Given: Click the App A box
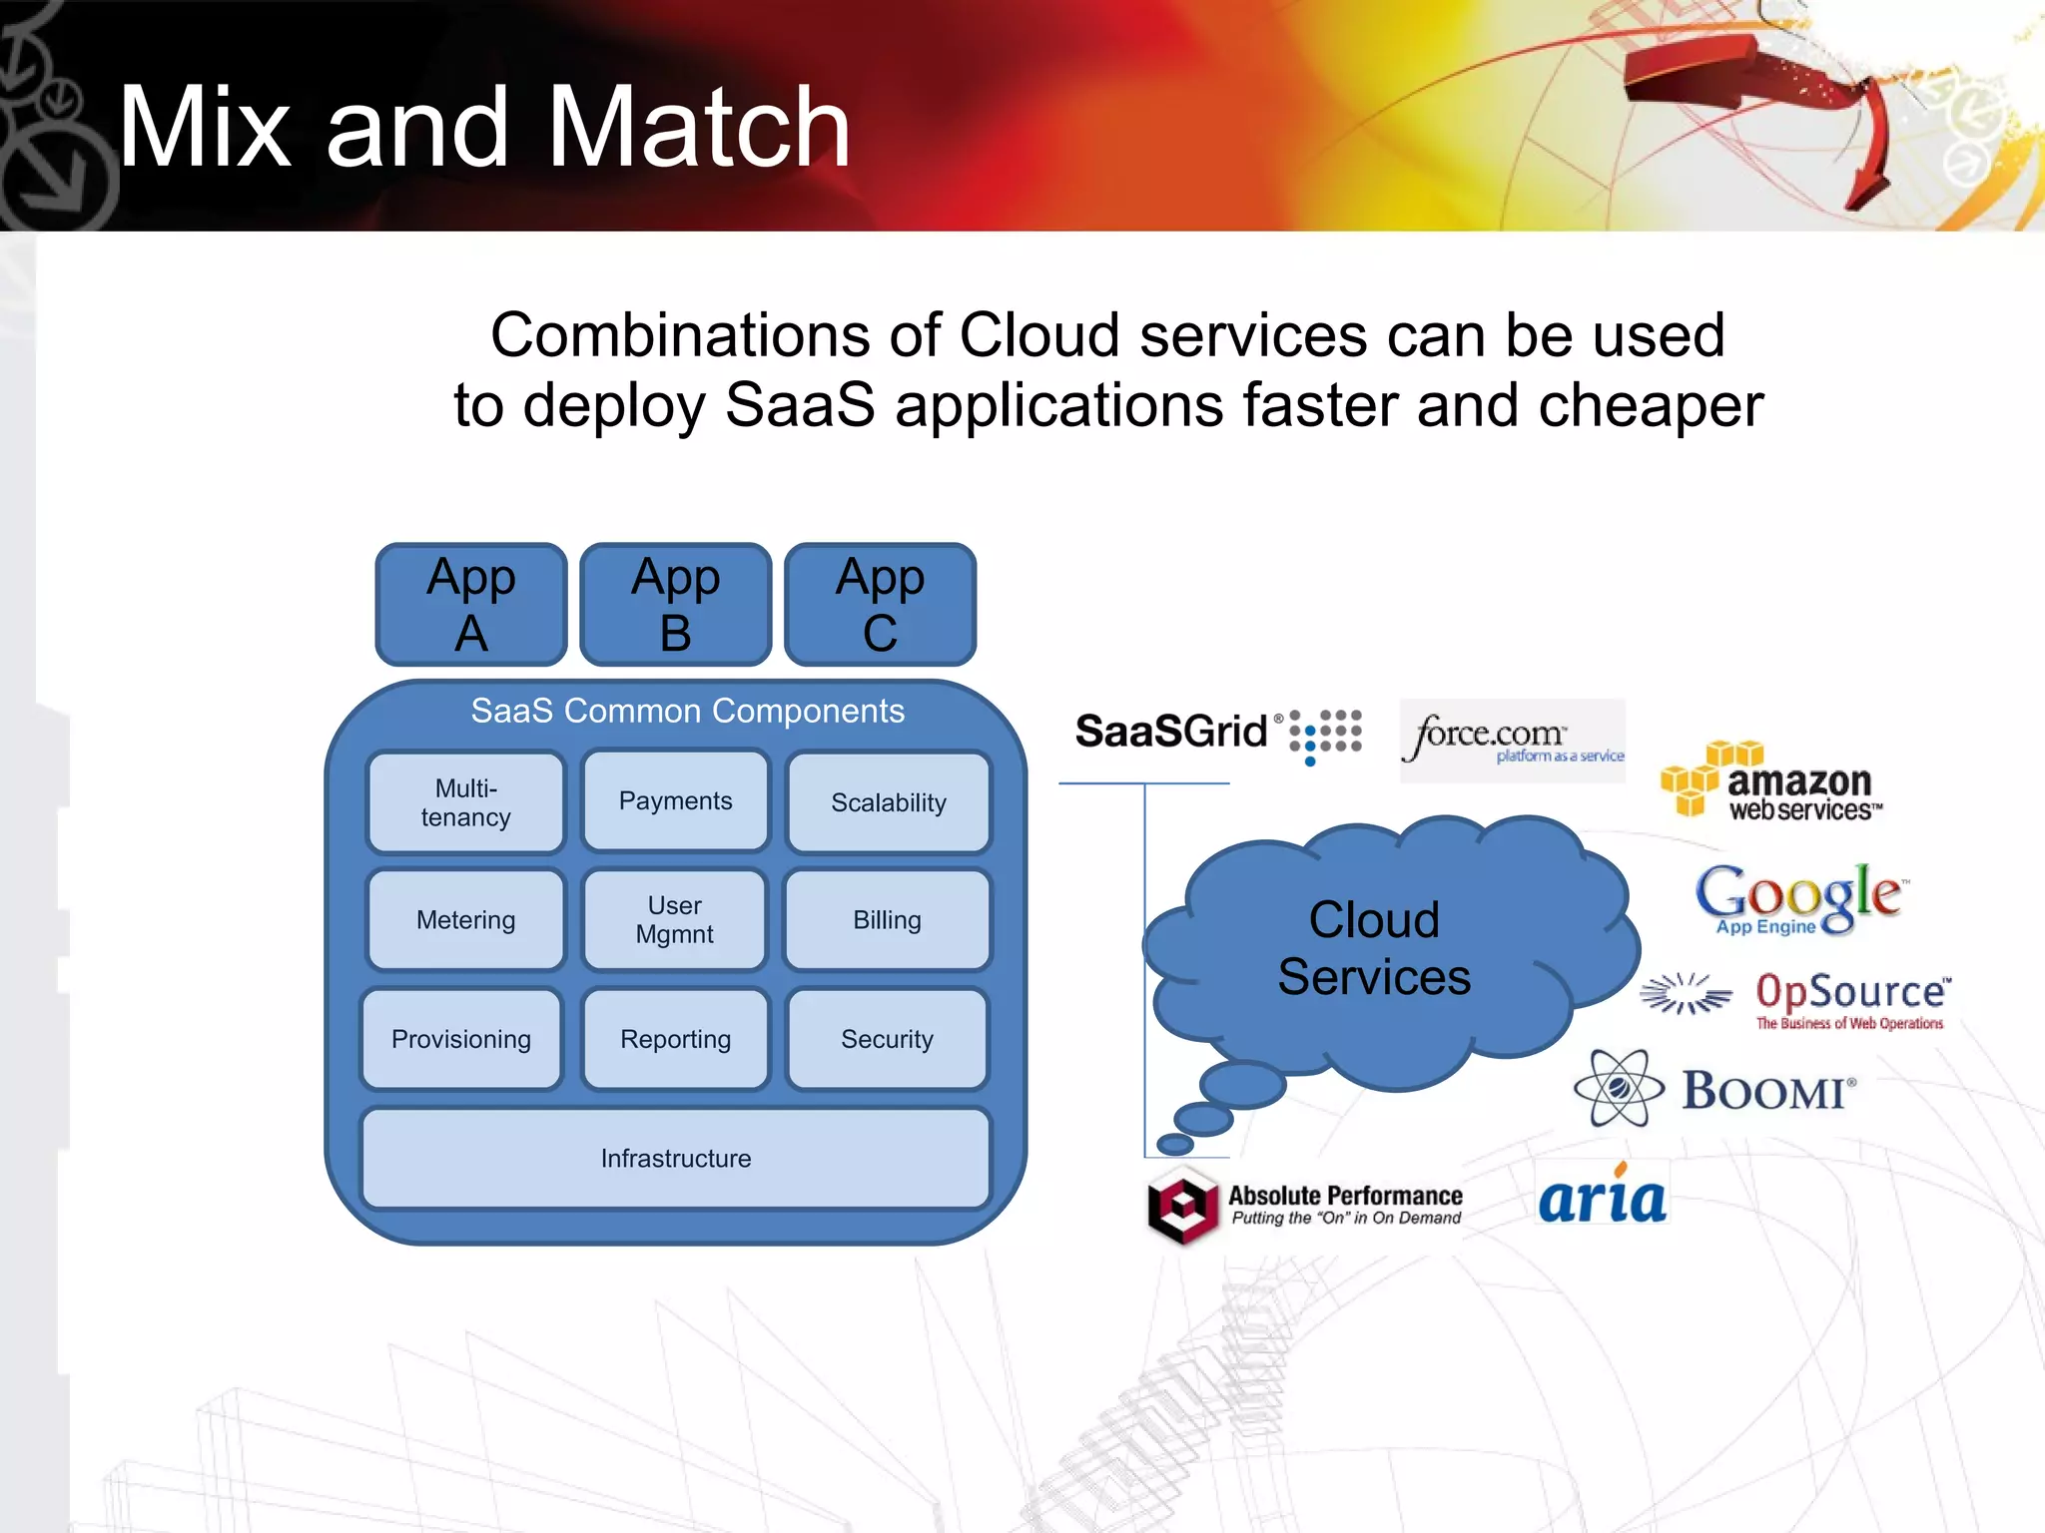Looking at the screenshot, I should point(471,605).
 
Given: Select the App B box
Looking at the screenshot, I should point(676,605).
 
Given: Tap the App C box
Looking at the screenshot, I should point(880,605).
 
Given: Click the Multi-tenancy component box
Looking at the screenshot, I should point(465,802).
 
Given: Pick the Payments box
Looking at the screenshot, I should point(676,800).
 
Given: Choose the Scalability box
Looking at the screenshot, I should point(889,802).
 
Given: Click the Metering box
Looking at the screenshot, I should point(465,920).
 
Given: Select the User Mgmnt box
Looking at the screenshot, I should point(675,920).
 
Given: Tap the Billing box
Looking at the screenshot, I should point(887,920).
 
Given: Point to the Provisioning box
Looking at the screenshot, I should point(461,1039).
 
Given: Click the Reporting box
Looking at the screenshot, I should point(676,1039).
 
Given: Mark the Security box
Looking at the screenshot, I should point(887,1039).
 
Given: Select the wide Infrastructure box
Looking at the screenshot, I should point(676,1159).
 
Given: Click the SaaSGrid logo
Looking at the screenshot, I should point(1216,734).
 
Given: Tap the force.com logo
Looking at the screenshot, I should point(1512,740).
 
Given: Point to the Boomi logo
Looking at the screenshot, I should point(1715,1089).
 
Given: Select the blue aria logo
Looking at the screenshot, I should point(1602,1198).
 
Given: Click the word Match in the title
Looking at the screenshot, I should point(699,128).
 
